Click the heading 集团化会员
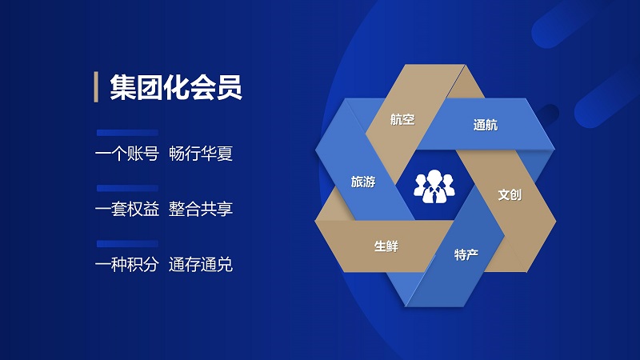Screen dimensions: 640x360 (x=176, y=87)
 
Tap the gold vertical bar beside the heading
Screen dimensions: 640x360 (x=96, y=87)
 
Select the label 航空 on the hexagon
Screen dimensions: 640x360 (x=402, y=119)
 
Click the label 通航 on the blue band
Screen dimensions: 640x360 (x=486, y=125)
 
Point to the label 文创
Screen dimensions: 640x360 (x=510, y=194)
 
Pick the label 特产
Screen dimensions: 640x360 (x=466, y=254)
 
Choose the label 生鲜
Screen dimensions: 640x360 (x=386, y=246)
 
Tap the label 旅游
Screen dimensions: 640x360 (x=363, y=182)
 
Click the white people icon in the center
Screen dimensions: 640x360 (x=434, y=186)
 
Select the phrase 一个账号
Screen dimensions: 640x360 (x=127, y=154)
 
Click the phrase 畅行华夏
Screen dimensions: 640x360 (x=201, y=154)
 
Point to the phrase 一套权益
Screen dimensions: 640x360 (x=127, y=210)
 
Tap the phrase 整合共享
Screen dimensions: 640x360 (x=201, y=210)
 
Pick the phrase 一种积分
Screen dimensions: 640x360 (x=127, y=265)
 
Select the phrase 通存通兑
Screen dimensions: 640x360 (x=201, y=265)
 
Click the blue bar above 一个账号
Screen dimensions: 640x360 (x=127, y=133)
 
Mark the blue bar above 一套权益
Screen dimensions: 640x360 (x=127, y=188)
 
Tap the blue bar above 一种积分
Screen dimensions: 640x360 (x=127, y=244)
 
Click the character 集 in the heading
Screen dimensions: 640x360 (x=122, y=87)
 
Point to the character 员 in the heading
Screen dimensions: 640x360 (x=230, y=87)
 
